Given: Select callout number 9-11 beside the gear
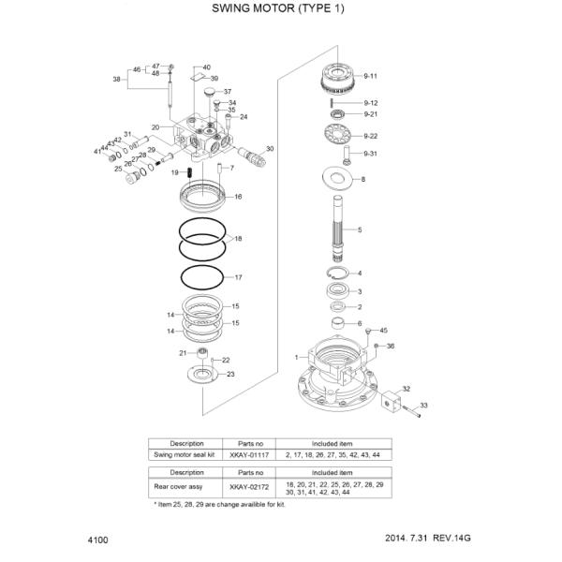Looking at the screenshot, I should pyautogui.click(x=370, y=75).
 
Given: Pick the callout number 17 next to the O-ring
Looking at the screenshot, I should pyautogui.click(x=238, y=277).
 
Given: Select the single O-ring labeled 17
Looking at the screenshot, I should pyautogui.click(x=203, y=277).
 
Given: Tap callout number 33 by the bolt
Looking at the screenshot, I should pyautogui.click(x=422, y=406).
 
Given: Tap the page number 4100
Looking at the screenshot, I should pyautogui.click(x=97, y=540).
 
